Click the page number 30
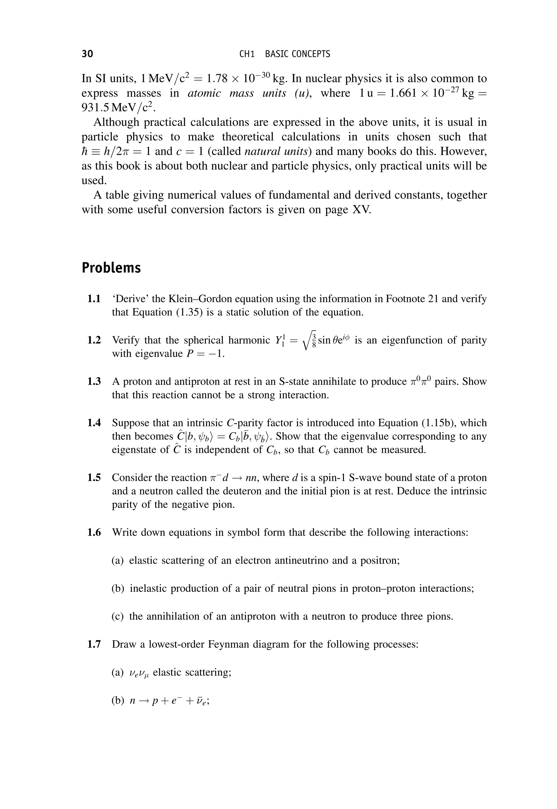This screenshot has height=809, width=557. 87,54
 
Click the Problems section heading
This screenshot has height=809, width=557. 111,268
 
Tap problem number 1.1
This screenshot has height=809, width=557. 94,299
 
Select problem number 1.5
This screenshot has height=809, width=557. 94,478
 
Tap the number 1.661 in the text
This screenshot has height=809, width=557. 403,93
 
